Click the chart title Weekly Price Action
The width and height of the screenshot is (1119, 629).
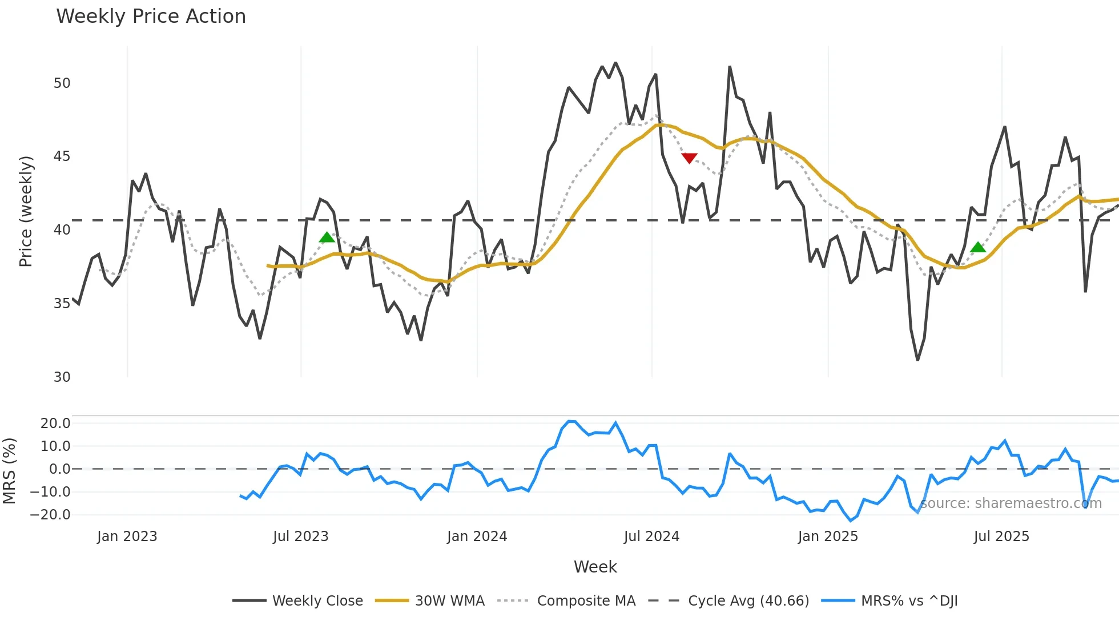[x=151, y=17]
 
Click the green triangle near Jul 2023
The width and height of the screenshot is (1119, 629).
[x=327, y=237]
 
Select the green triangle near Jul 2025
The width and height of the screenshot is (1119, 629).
[x=978, y=247]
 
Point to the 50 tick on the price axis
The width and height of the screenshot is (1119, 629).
[x=62, y=83]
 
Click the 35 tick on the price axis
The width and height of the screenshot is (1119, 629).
[x=62, y=304]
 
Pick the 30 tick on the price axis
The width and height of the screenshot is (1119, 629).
[x=62, y=377]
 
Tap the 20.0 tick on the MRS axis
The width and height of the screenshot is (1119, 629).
[x=55, y=424]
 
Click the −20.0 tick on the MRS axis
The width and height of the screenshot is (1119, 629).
[x=50, y=515]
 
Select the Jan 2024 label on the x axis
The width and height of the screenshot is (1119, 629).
[x=477, y=537]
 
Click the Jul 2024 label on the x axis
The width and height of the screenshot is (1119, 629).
[x=651, y=537]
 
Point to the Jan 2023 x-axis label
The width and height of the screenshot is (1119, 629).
[x=127, y=537]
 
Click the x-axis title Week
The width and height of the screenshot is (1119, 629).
[x=595, y=567]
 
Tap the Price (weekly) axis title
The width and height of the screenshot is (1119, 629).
[x=26, y=211]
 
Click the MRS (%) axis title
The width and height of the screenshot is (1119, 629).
[x=9, y=471]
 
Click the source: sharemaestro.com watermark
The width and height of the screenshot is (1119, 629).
[x=1011, y=503]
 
